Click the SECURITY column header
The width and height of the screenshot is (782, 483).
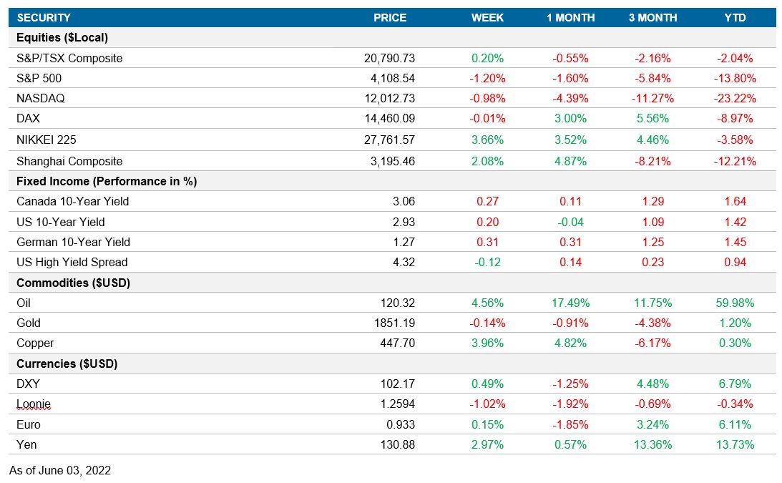[44, 18]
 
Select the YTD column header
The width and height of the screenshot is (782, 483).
[735, 18]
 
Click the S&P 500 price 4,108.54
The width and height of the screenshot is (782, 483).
[390, 79]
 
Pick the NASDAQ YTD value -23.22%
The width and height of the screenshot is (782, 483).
[735, 99]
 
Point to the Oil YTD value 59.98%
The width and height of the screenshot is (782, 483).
[735, 303]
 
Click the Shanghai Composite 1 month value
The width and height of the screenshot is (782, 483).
[570, 162]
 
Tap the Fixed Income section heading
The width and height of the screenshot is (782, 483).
[107, 182]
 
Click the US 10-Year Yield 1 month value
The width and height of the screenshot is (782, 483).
[570, 222]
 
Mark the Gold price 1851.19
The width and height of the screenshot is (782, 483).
[394, 323]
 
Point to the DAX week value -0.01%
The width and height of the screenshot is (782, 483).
[487, 119]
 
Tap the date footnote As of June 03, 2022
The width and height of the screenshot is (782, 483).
[60, 471]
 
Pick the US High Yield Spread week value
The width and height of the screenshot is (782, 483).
[487, 263]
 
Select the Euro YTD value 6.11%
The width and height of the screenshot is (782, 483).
[735, 424]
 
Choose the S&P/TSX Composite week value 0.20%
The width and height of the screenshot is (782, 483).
[487, 59]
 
